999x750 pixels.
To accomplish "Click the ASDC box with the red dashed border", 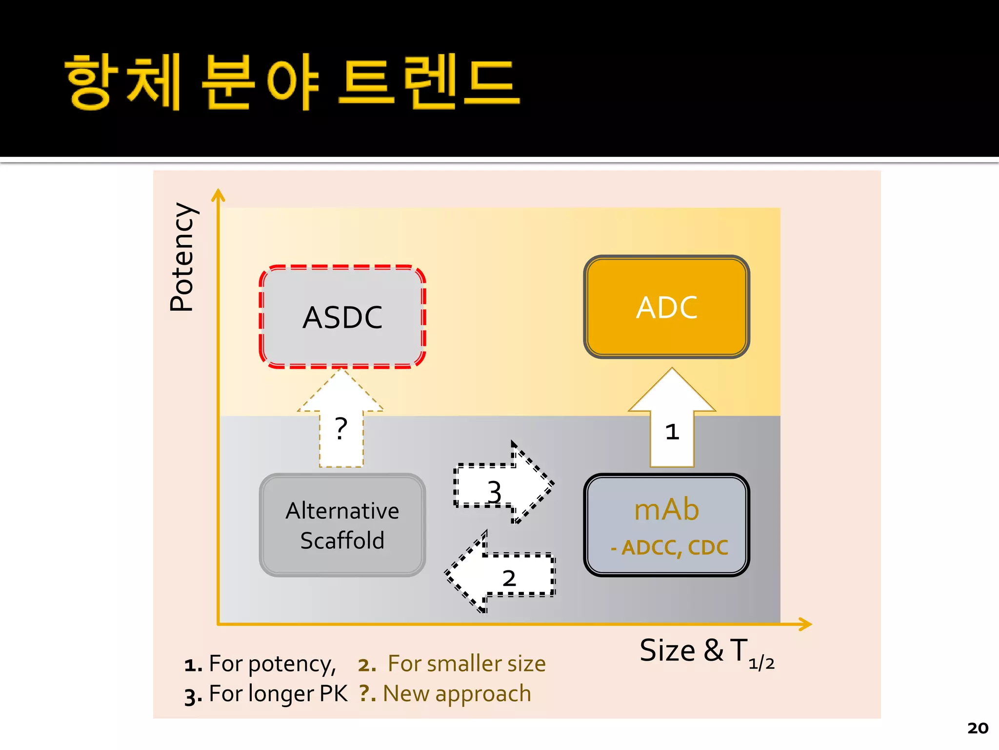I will click(x=342, y=317).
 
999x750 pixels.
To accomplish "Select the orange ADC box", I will click(x=666, y=307).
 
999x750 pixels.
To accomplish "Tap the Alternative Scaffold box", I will click(x=342, y=525).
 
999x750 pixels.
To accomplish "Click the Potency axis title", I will click(x=182, y=257).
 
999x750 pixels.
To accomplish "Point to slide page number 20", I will click(x=978, y=728).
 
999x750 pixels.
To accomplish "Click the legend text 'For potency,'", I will click(x=272, y=664).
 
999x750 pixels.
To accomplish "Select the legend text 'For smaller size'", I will click(x=466, y=664).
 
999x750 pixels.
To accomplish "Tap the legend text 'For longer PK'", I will click(x=278, y=694).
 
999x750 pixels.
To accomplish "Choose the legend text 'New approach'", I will click(x=457, y=694).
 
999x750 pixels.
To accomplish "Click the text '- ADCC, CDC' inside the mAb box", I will click(x=669, y=548).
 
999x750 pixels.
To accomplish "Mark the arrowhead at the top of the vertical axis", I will click(x=218, y=195).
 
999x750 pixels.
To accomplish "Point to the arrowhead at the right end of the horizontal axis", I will click(x=805, y=624).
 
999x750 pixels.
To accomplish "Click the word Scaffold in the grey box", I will click(x=342, y=541).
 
